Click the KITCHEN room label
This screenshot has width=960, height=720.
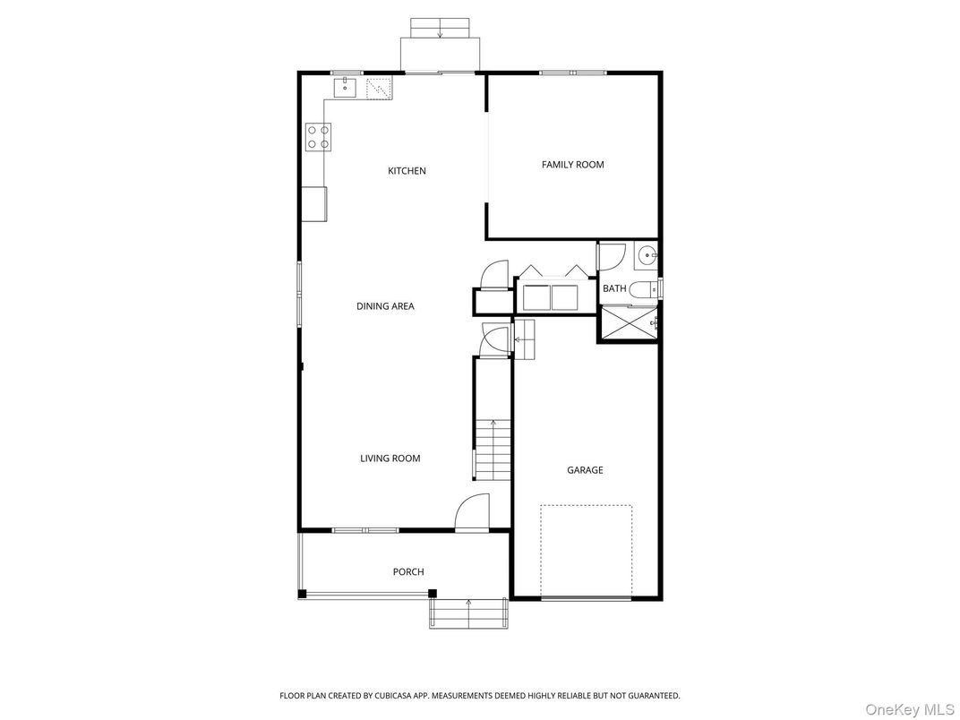click(407, 171)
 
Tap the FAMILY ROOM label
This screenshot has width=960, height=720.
click(572, 165)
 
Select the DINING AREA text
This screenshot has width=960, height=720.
click(385, 306)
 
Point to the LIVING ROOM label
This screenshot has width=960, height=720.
click(390, 459)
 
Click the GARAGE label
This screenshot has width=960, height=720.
click(585, 470)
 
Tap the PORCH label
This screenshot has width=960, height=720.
click(408, 572)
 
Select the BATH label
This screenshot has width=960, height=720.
click(614, 288)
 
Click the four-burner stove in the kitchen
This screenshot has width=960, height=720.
click(318, 137)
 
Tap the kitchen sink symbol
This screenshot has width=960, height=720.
click(346, 87)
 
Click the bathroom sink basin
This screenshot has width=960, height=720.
click(647, 256)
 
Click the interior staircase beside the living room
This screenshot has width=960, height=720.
click(492, 450)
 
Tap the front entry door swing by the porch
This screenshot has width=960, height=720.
click(472, 515)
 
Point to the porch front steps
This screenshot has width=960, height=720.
click(469, 613)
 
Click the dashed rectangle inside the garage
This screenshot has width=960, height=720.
click(586, 551)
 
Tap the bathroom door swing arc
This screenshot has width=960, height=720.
click(611, 256)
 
